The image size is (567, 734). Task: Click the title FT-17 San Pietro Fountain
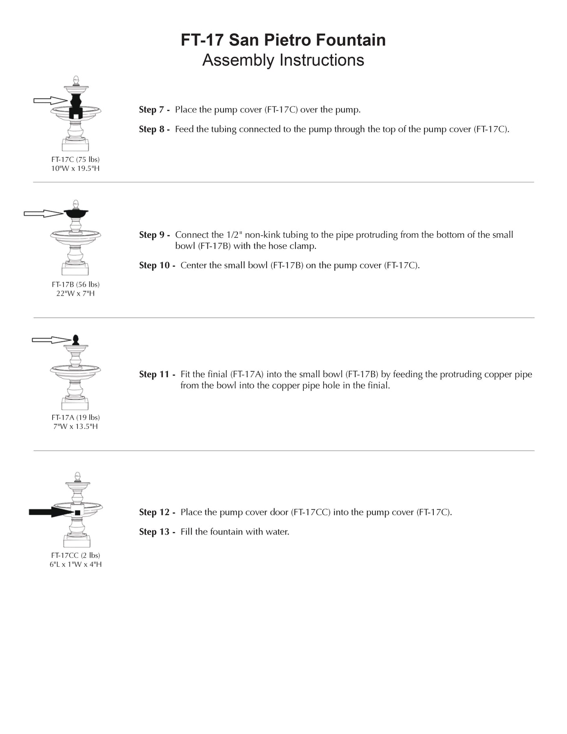point(283,40)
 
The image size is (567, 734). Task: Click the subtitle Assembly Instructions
point(283,60)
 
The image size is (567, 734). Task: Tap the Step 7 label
point(154,110)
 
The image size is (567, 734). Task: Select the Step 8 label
point(154,129)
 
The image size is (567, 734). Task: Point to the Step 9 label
point(154,235)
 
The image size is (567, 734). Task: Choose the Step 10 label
point(157,265)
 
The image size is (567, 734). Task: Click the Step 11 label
point(157,374)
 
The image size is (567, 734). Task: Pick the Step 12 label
point(157,512)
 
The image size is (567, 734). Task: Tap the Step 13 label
point(157,532)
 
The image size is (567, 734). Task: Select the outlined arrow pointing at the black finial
point(51,340)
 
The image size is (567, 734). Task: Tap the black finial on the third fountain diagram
point(75,340)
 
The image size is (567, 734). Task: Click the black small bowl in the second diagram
point(76,213)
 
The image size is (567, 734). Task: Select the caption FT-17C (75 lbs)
point(75,159)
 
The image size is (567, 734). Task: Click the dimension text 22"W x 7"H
point(75,293)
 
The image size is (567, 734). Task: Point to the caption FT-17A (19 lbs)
point(75,418)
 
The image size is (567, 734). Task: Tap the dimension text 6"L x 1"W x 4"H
point(75,564)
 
